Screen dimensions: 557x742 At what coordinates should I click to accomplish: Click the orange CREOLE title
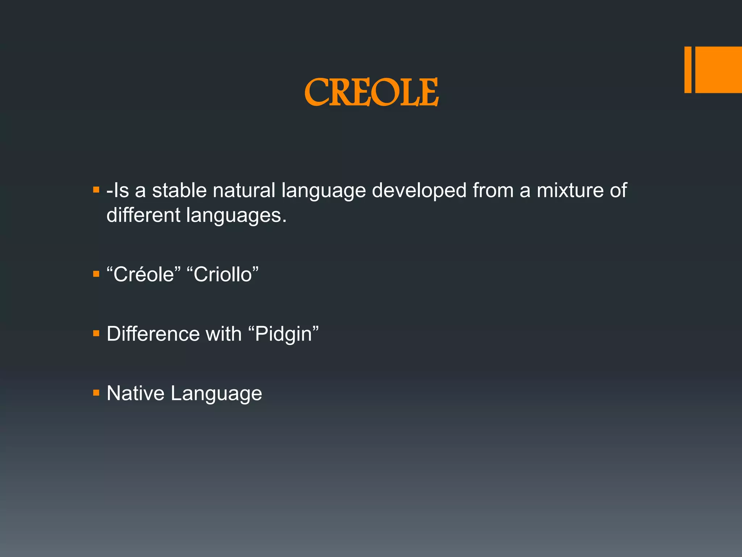(371, 92)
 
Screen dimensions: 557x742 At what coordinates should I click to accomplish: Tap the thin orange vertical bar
(688, 70)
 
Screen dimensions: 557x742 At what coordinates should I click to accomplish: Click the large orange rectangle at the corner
(718, 70)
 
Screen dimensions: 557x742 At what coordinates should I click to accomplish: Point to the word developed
(419, 190)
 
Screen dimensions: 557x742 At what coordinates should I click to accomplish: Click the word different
(143, 215)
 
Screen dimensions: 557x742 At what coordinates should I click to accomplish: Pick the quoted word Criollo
(222, 274)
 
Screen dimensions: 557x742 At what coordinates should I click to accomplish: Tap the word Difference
(153, 334)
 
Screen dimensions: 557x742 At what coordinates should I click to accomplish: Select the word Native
(135, 393)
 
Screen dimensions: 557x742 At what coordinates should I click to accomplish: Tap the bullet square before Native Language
(96, 392)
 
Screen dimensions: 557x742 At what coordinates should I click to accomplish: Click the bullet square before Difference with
(96, 333)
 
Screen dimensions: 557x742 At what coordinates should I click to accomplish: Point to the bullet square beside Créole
(96, 273)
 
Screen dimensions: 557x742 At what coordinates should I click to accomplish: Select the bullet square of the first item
(96, 190)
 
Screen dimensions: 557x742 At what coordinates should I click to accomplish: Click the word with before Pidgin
(224, 334)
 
